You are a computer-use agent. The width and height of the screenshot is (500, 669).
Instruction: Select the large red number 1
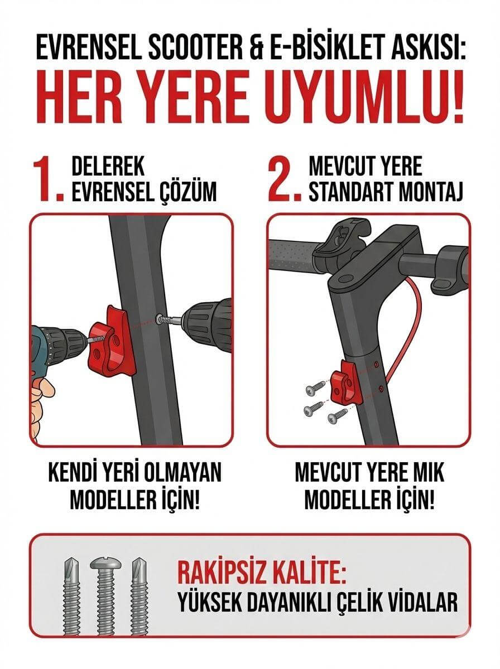[x=46, y=180]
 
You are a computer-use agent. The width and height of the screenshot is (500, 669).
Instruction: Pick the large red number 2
[x=285, y=180]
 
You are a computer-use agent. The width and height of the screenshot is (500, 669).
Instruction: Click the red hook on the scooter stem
[x=346, y=386]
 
